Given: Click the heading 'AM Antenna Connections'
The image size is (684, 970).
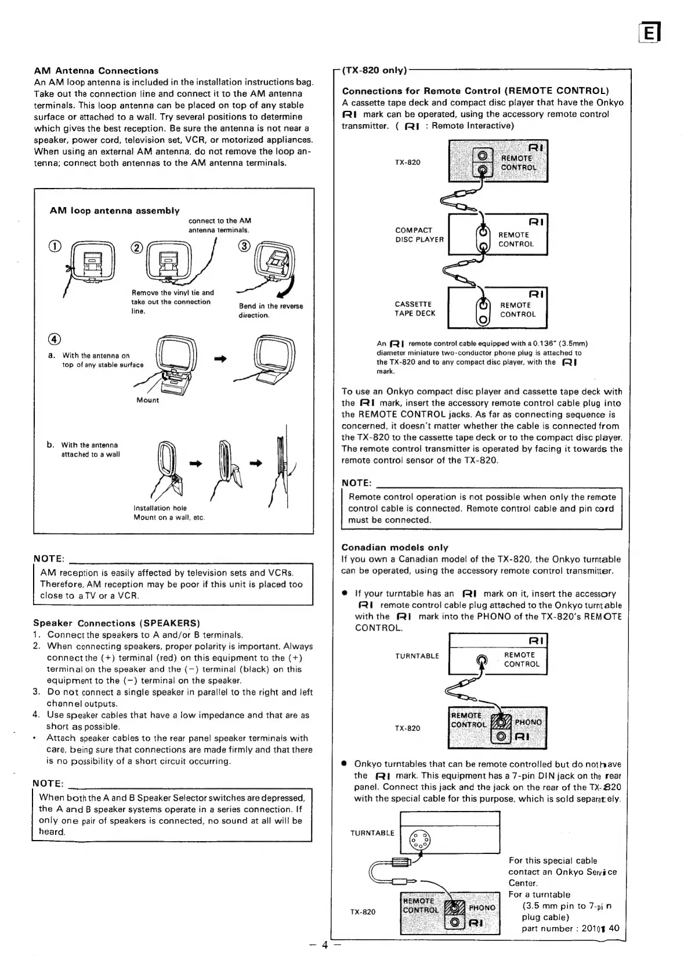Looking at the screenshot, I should (96, 71).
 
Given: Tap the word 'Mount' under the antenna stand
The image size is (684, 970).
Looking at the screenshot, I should (147, 400).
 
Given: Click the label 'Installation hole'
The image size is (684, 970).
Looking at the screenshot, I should (160, 508).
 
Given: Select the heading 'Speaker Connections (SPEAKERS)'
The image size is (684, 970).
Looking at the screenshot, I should (116, 623).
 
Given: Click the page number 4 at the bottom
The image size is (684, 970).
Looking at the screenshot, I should (325, 945).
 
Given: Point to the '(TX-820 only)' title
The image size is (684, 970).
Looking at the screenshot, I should (374, 70).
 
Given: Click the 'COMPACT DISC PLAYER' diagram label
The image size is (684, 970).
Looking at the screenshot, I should (419, 235).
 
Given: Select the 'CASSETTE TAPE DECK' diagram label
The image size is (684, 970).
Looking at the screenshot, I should (414, 309).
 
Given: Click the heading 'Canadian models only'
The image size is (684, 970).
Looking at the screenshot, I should (395, 547).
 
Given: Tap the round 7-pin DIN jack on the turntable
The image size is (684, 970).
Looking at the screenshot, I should (419, 840).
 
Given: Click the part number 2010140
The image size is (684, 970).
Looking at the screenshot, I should (599, 928).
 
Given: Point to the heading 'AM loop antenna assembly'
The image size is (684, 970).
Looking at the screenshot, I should (114, 211).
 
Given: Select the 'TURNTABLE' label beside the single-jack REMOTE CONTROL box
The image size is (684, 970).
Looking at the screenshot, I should (417, 656).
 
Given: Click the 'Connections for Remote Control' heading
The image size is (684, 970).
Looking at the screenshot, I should (475, 91).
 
